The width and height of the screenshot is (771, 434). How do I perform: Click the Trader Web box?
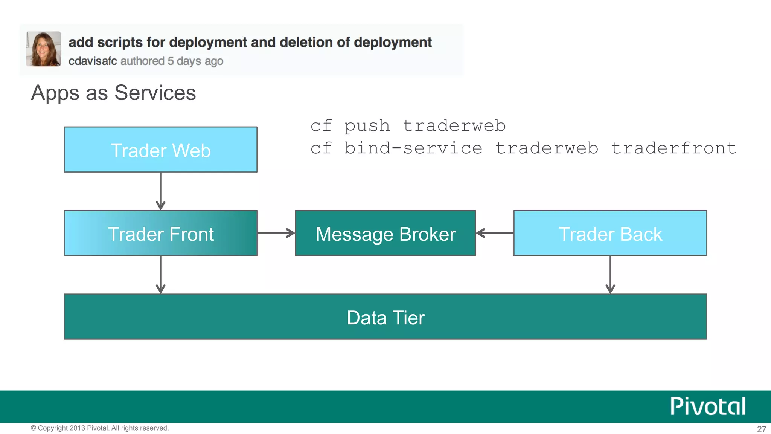160,150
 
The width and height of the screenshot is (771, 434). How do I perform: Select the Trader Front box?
160,233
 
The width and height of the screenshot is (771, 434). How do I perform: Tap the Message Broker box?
385,233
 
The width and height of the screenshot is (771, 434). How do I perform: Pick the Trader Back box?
610,233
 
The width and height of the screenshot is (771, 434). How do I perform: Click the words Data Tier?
385,318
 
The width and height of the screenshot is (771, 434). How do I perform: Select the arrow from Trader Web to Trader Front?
161,191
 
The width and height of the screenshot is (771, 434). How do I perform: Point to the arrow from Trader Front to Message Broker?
276,233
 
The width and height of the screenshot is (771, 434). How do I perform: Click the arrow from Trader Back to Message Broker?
495,233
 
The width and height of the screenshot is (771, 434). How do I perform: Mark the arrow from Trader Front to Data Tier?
161,275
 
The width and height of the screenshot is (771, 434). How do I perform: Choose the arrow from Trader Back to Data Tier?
610,275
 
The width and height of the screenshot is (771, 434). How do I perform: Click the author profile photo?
44,49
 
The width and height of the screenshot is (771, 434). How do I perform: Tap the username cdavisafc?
93,61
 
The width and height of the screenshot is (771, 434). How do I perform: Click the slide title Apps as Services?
113,93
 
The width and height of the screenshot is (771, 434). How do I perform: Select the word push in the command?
367,126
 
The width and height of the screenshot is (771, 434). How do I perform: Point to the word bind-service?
413,148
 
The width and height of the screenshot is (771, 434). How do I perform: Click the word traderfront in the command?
673,148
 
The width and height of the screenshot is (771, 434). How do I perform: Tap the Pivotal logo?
707,406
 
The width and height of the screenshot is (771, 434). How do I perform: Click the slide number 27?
761,429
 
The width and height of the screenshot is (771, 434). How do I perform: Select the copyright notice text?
100,428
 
